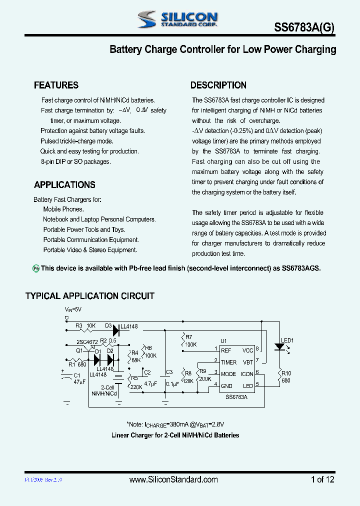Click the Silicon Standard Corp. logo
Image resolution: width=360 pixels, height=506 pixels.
[177, 19]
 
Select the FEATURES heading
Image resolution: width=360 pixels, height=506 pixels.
[56, 85]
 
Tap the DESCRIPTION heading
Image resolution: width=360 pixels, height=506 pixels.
[218, 85]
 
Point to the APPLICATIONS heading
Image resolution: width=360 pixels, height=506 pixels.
[64, 185]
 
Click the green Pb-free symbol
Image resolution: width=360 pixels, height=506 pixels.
[36, 268]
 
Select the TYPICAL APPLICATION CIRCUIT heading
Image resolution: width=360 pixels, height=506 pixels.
[90, 296]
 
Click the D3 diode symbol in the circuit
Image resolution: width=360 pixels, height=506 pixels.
[116, 330]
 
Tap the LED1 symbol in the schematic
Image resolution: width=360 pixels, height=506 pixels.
[279, 346]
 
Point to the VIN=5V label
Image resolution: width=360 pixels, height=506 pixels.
[73, 310]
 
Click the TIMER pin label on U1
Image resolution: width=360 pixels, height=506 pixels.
[228, 362]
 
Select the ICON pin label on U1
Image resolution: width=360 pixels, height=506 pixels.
[246, 373]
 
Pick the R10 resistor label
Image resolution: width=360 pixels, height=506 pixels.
[286, 373]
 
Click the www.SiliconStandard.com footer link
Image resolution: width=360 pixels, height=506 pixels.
[173, 479]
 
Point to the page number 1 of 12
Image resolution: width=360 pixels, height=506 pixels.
[322, 479]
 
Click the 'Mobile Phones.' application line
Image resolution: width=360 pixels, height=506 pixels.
[63, 209]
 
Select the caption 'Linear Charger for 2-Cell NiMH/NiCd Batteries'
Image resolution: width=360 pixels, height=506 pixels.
[175, 435]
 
